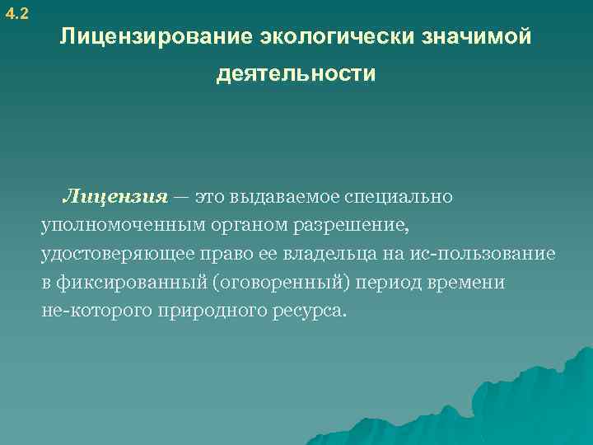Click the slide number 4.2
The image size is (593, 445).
coord(16,14)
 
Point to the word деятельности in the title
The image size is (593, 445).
coord(296,75)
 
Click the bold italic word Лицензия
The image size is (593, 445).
coord(115,198)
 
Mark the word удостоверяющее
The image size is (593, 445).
coord(108,255)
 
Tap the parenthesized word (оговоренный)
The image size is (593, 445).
coord(283,283)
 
